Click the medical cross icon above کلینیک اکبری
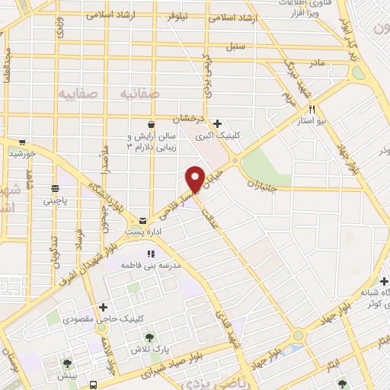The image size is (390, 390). tap(218, 123)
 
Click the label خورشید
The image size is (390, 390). tap(23, 154)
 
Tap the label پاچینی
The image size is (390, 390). tap(55, 201)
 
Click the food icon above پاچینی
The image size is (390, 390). tap(55, 189)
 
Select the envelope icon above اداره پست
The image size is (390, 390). tap(143, 221)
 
